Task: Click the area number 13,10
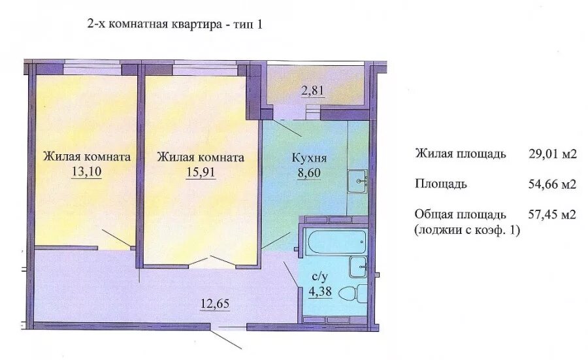(87, 171)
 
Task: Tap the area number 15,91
(201, 172)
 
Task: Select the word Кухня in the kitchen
(310, 158)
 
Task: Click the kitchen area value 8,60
(310, 173)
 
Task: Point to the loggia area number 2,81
(313, 90)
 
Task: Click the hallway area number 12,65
(215, 303)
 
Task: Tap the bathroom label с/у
(320, 277)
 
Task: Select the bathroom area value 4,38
(320, 291)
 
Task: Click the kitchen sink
(357, 182)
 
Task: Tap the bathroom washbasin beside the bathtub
(358, 267)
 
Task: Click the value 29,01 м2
(552, 154)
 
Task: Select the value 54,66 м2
(552, 184)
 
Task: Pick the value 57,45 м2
(552, 214)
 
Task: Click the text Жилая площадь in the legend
(461, 154)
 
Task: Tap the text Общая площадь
(461, 214)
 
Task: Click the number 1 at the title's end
(259, 25)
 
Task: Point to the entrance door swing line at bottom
(226, 339)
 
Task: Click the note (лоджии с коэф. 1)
(467, 230)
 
